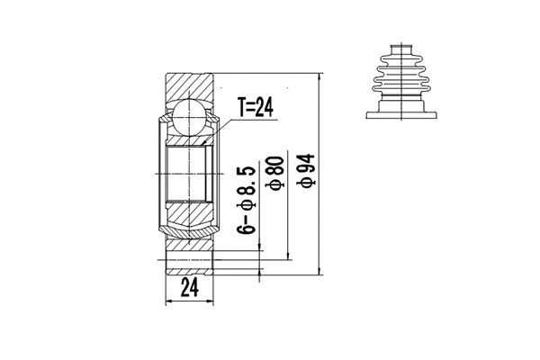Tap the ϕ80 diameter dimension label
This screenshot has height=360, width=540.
point(276,172)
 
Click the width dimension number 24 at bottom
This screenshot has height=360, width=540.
point(190,288)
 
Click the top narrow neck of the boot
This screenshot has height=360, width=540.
point(401,49)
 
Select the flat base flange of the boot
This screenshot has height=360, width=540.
point(401,113)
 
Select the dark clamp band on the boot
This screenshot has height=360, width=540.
point(401,96)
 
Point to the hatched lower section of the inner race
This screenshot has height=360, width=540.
point(190,216)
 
